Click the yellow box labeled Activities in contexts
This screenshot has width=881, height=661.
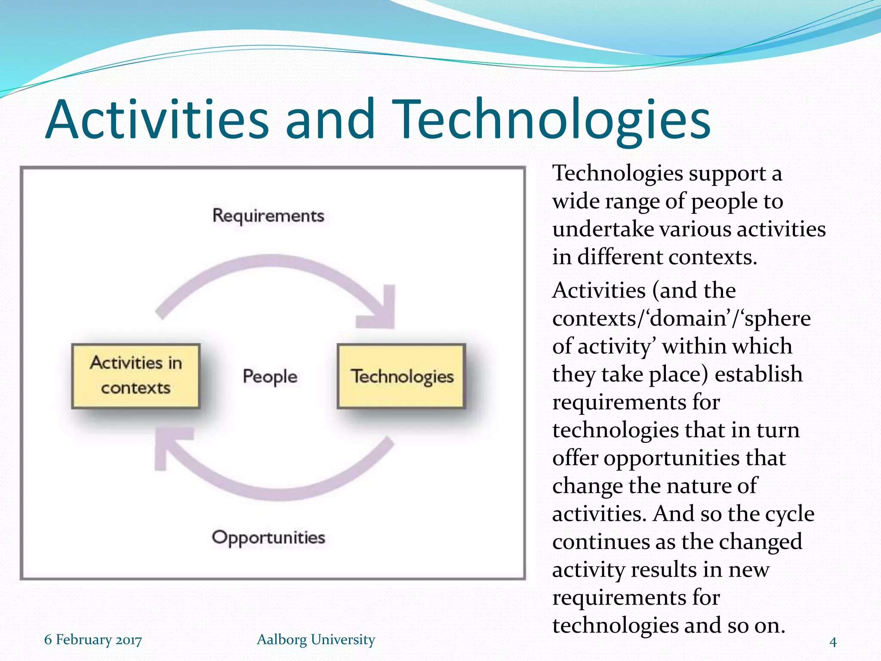pos(136,376)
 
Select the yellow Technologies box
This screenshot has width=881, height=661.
pos(401,376)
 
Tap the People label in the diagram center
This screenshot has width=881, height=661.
pos(270,377)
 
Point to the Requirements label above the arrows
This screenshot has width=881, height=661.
pos(268,216)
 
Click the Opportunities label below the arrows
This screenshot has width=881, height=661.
pos(268,537)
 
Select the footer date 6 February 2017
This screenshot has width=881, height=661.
pos(93,639)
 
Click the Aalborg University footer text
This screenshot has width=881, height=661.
pos(316,639)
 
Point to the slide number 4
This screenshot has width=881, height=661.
pos(833,642)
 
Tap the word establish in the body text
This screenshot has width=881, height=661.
pos(758,374)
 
